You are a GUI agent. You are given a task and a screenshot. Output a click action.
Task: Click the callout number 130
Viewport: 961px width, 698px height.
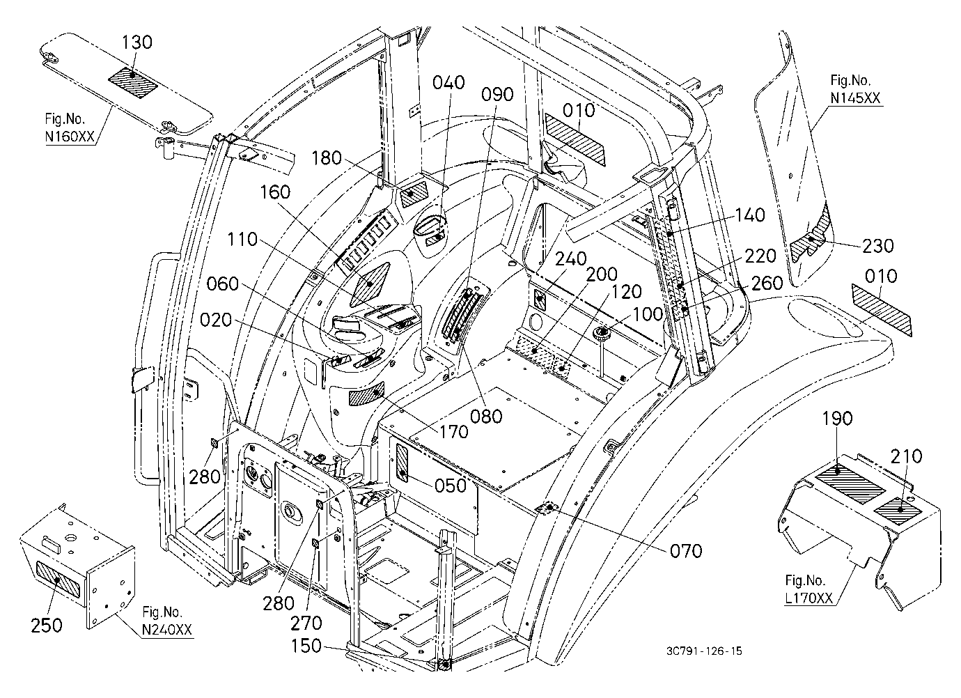(137, 42)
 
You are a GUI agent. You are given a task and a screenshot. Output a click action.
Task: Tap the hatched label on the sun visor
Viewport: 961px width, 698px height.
(132, 82)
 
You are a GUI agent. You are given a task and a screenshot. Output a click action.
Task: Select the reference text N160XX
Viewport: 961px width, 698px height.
(70, 137)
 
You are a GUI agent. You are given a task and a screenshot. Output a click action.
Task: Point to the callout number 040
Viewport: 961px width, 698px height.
(448, 82)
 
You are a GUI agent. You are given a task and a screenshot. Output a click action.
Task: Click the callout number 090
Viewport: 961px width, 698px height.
(497, 95)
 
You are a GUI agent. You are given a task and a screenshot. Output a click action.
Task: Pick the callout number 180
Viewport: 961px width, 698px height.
(327, 158)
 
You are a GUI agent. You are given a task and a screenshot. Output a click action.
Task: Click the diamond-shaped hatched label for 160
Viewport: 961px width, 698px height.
(370, 285)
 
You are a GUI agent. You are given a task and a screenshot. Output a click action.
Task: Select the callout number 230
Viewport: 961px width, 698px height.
(877, 245)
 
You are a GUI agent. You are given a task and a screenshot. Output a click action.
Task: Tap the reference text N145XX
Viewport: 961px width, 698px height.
(855, 98)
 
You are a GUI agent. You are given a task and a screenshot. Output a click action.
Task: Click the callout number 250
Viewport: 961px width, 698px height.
(47, 626)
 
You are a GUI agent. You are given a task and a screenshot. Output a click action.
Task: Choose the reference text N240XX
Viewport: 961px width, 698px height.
(167, 630)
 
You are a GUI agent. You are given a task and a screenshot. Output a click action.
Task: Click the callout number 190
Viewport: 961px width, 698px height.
(838, 419)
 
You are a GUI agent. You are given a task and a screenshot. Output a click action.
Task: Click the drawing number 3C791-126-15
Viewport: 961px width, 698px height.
(705, 651)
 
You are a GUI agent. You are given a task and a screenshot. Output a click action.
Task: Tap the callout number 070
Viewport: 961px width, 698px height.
(686, 551)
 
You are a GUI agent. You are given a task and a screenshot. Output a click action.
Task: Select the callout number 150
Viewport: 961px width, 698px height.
(306, 645)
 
